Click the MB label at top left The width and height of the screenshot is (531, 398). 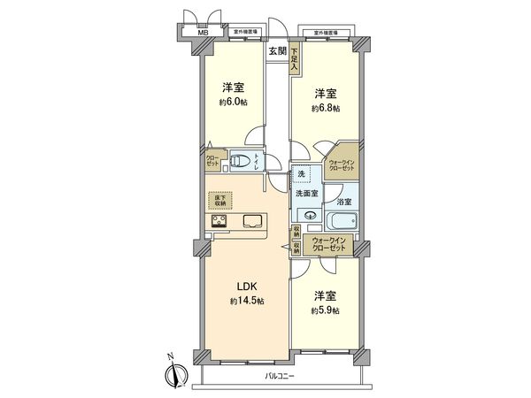pos(203,35)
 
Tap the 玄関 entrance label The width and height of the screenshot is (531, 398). pos(277,52)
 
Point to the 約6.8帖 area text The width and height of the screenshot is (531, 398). pos(325,108)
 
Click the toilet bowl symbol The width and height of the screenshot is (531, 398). pos(237,161)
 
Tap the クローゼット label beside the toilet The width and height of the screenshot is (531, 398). pos(212,161)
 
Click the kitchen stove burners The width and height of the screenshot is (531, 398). pos(219,221)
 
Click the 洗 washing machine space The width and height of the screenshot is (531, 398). pos(303,173)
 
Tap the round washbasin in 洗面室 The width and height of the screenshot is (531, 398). pos(311,215)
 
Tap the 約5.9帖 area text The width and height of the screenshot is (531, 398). pos(326,311)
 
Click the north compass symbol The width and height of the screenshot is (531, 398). pos(173,371)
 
